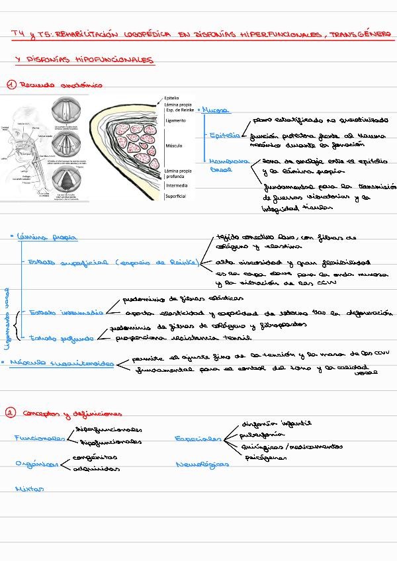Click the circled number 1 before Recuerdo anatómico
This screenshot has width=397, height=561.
pyautogui.click(x=11, y=85)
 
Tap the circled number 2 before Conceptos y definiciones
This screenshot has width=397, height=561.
pyautogui.click(x=11, y=413)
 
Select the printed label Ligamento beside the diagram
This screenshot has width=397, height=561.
pyautogui.click(x=175, y=121)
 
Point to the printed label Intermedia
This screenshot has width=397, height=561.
pyautogui.click(x=176, y=186)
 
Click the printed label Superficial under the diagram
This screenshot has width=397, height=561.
pyautogui.click(x=176, y=196)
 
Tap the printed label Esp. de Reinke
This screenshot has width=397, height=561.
pyautogui.click(x=179, y=110)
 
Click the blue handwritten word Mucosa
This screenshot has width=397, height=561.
pyautogui.click(x=216, y=110)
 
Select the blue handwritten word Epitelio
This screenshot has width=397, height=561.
pyautogui.click(x=224, y=136)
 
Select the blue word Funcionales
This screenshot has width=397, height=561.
pyautogui.click(x=39, y=438)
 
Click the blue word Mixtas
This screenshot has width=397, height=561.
pyautogui.click(x=29, y=490)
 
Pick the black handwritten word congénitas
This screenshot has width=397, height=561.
pyautogui.click(x=95, y=456)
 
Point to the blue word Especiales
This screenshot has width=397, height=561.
pyautogui.click(x=198, y=439)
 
